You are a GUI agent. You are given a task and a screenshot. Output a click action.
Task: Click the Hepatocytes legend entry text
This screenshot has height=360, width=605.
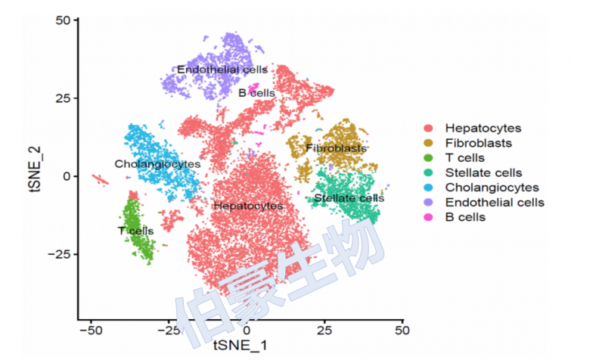pos(483,129)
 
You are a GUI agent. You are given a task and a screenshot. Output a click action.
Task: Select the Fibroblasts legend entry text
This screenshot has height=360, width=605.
pos(478,143)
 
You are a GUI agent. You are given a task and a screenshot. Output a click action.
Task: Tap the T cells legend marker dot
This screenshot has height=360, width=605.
pos(428,157)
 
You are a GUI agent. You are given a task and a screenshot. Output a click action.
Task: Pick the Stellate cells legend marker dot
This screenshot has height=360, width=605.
pos(428,172)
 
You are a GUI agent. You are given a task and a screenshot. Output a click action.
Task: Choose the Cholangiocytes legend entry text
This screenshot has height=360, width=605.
pos(492,187)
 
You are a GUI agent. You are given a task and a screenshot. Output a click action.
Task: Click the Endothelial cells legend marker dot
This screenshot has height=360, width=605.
pos(428,202)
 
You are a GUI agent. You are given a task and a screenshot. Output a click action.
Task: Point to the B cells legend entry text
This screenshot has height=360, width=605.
pos(465,217)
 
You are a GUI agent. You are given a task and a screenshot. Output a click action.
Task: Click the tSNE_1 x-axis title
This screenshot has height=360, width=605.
pos(240,346)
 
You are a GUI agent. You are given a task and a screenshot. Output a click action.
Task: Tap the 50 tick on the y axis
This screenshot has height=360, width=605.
pos(64,20)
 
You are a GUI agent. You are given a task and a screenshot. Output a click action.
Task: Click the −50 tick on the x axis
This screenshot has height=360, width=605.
pos(91,331)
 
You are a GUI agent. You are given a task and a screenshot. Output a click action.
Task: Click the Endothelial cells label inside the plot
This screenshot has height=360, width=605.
pos(222,70)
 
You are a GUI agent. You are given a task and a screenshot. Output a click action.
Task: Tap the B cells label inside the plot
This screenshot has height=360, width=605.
pos(256,93)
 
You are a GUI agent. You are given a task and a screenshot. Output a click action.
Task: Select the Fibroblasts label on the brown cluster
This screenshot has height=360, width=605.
pos(337,148)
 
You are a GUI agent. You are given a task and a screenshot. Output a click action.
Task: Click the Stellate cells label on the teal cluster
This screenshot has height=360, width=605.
pos(349,198)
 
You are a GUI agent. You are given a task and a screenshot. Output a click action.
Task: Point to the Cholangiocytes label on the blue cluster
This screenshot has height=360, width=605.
pos(157,163)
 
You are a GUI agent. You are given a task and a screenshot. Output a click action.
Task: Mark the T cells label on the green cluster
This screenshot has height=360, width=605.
pos(135,230)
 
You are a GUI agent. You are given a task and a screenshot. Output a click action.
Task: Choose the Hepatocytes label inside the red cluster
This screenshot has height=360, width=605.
pos(248,205)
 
